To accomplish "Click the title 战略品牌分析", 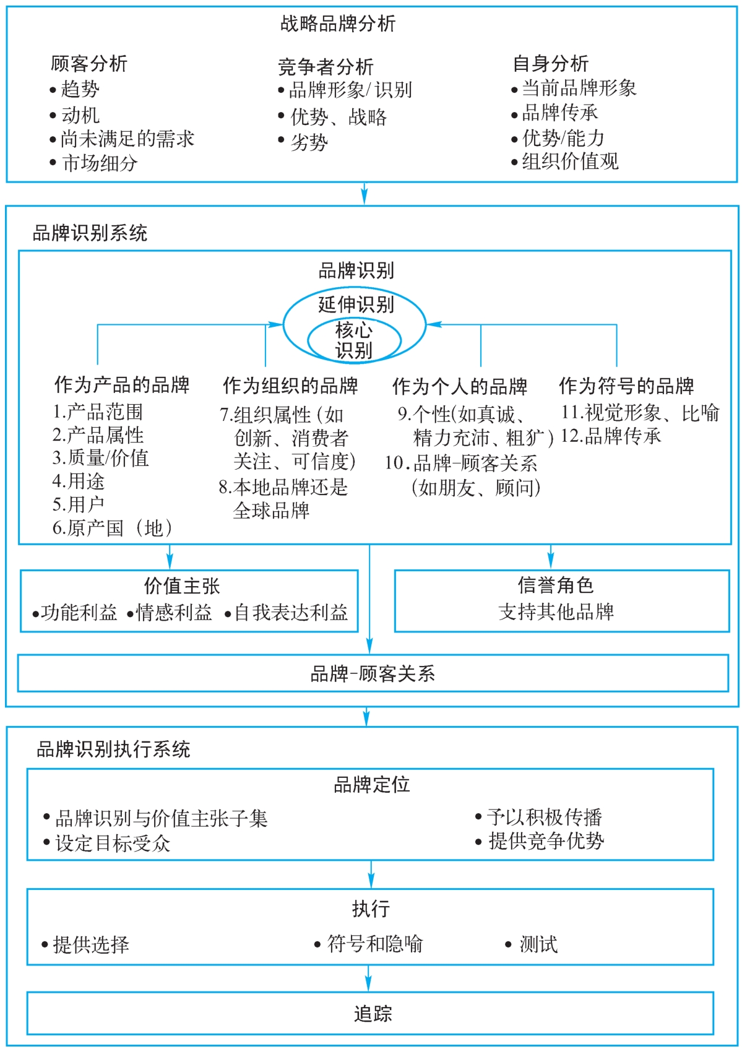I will tap(337, 24).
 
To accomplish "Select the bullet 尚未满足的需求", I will tap(127, 139).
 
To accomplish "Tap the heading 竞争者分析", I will tap(326, 66).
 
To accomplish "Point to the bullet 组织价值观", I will tap(569, 162).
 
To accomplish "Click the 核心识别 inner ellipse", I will tap(354, 340).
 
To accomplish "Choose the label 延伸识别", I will tap(356, 304).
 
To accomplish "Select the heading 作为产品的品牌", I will tap(121, 385).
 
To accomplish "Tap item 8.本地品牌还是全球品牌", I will tap(283, 499).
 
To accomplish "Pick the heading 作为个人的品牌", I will tap(459, 387).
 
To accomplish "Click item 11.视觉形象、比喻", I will tap(640, 413).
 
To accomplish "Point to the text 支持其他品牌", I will tap(556, 612).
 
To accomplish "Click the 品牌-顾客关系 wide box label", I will tap(373, 673).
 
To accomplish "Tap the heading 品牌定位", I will tap(371, 785).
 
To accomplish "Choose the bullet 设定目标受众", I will tap(112, 844).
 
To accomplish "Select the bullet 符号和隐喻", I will tap(374, 944).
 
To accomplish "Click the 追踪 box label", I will tap(373, 1014).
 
